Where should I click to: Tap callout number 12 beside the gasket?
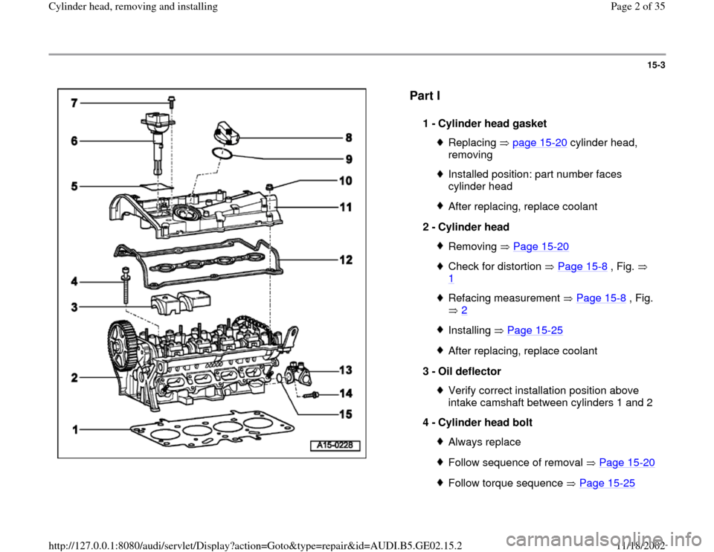coord(346,260)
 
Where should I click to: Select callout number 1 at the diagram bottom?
coord(77,429)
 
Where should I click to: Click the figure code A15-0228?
coord(335,446)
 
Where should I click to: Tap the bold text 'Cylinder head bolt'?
coord(483,423)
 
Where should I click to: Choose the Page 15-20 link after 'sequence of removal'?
coord(626,462)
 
